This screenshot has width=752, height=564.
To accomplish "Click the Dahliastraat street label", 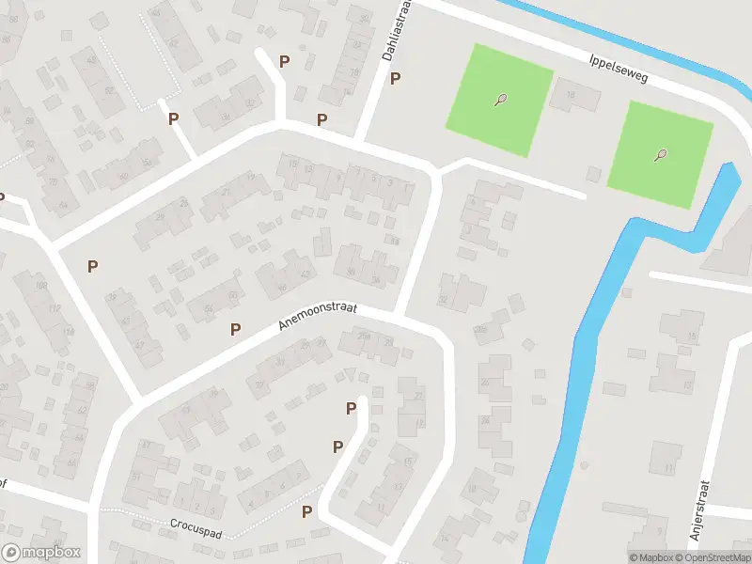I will [x=393, y=32].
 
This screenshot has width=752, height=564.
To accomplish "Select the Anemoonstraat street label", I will [x=318, y=315].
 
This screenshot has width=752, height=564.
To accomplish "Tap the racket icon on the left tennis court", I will [x=500, y=100].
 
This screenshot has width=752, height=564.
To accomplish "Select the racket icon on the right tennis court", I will [x=661, y=156].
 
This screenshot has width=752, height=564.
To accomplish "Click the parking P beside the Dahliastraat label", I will [x=396, y=79].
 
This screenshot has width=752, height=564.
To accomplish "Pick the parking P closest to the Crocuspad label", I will [x=306, y=512].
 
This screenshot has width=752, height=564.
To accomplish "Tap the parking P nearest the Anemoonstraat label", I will [x=236, y=329].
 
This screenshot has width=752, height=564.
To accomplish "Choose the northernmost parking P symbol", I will [x=284, y=61].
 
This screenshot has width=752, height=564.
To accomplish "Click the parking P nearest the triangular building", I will [x=351, y=408].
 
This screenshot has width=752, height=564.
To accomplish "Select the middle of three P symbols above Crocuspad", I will [x=337, y=446].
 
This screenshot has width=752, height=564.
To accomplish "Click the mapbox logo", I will [x=41, y=553].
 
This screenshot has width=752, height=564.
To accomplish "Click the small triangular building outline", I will [x=351, y=374].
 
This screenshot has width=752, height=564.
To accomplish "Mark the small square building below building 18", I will [x=592, y=174].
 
